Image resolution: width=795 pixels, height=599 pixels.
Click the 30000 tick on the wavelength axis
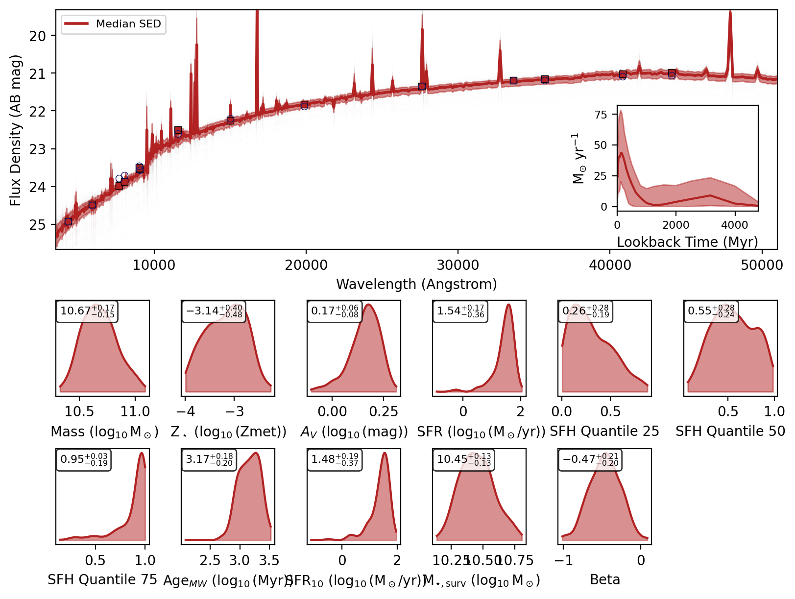pos(458,265)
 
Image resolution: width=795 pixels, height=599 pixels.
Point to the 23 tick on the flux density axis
pos(38,149)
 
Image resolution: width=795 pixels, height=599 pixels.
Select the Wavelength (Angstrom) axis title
pos(416,284)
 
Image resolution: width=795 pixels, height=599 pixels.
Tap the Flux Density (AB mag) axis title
pos(16,130)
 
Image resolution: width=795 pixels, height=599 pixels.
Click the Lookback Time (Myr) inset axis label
pos(687,242)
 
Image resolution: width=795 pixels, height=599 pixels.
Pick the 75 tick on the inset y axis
pos(601,115)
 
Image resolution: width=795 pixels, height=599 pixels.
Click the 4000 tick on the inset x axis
pos(735,225)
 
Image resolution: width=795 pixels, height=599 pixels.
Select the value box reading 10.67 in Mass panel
pos(87,311)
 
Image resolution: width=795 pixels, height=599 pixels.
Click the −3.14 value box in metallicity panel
pos(214,311)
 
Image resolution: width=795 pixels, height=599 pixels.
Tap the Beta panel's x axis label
pos(605,580)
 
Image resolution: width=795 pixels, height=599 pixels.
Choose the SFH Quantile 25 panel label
pos(604,431)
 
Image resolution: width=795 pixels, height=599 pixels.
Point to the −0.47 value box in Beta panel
pos(590,460)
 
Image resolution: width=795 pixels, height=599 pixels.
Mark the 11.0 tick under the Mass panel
pos(135,411)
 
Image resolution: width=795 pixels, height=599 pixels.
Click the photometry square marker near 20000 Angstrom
pos(304,105)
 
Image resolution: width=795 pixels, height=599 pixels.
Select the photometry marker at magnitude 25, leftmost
pos(68,221)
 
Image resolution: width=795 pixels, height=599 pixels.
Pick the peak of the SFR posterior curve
pos(508,305)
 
